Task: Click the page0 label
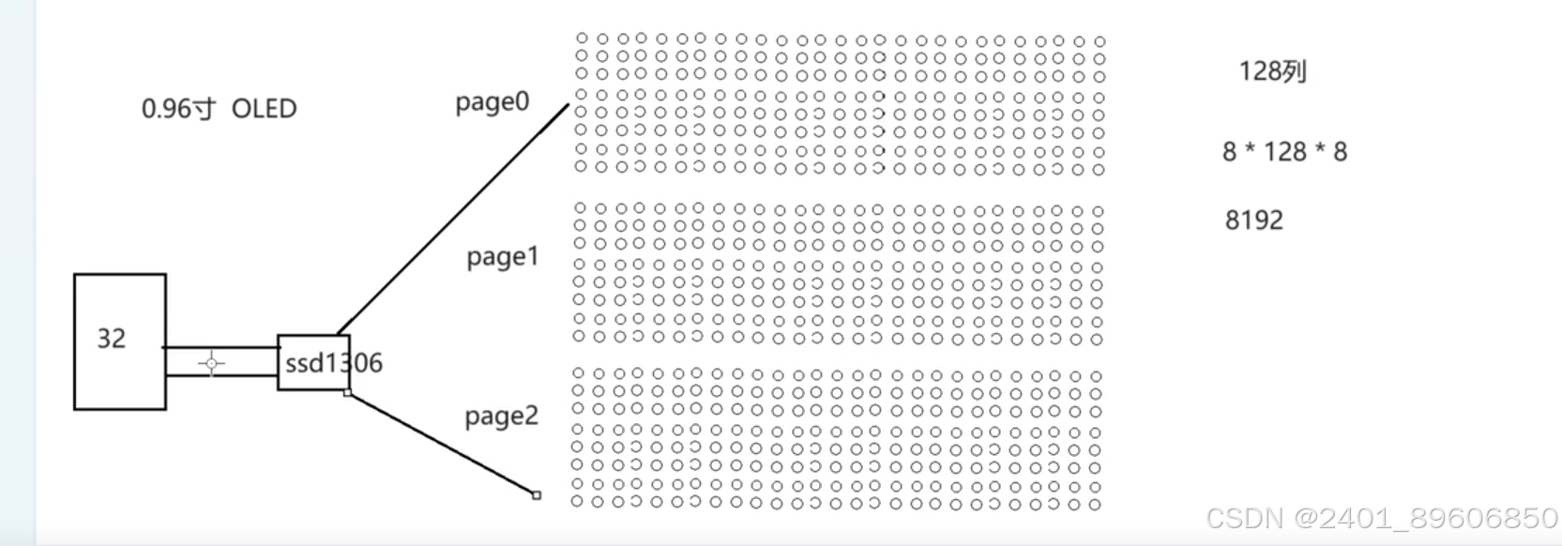coord(492,102)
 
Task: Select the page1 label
coord(503,256)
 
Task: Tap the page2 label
coord(502,416)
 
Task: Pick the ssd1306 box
coord(314,362)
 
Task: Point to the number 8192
coord(1253,220)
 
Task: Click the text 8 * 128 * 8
coord(1284,152)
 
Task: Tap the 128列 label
coord(1272,71)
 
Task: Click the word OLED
coord(264,109)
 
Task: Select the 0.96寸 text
coord(178,109)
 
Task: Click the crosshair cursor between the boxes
coord(211,363)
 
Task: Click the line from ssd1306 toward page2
coord(441,443)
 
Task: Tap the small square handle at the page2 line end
coord(537,495)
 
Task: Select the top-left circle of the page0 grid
coord(582,38)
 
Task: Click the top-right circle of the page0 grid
coord(1099,41)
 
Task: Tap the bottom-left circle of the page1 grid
coord(579,336)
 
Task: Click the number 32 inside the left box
coord(112,339)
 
